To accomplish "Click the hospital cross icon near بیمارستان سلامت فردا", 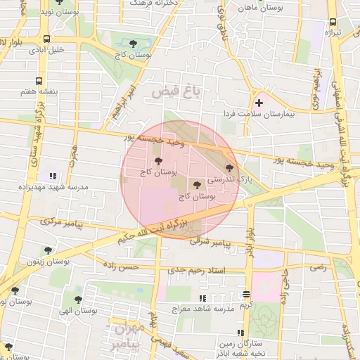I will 259,103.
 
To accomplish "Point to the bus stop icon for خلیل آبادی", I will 46,39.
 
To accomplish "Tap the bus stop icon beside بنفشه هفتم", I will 39,81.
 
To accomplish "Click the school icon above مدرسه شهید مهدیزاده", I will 51,175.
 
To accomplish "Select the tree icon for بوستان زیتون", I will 48,250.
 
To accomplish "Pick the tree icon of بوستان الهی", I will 78,299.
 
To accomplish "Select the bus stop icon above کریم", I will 245,295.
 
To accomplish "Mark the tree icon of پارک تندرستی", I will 229,167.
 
